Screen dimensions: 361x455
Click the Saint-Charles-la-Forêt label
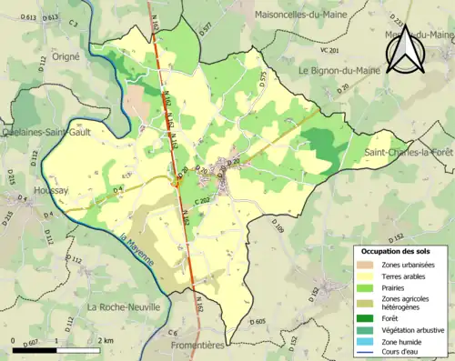(408, 152)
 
